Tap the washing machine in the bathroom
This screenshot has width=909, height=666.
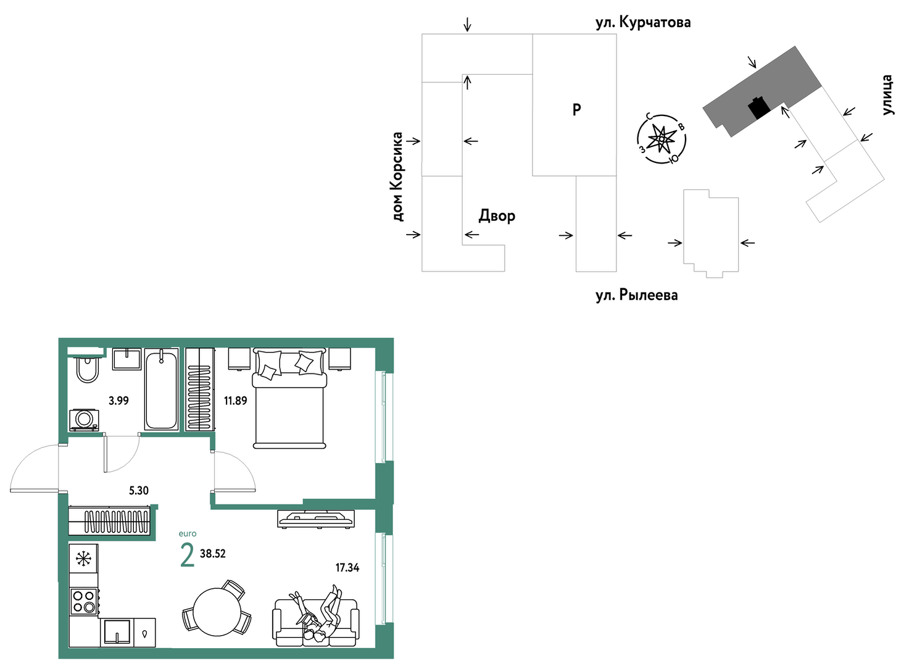85,420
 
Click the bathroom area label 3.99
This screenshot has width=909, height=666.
118,401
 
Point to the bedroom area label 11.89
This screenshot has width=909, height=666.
235,401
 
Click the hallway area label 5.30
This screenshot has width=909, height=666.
139,491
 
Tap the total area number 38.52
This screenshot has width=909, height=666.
213,554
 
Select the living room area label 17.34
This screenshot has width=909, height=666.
347,568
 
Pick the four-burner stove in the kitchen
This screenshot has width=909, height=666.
83,601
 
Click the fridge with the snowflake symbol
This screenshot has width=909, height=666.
83,559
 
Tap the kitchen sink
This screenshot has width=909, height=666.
117,633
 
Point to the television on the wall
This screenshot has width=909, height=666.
316,519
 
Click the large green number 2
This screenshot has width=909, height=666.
187,556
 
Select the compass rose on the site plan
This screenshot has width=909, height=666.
662,139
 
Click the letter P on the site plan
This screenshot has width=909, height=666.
576,109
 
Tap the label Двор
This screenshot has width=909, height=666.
497,215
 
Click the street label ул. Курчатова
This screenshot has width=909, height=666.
643,22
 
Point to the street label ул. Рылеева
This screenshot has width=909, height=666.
637,295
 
